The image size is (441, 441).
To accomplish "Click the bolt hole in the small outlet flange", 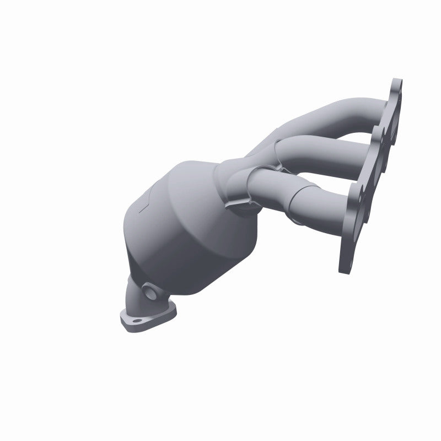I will click(x=133, y=319).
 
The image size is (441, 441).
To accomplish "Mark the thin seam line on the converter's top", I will click(x=144, y=205).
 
